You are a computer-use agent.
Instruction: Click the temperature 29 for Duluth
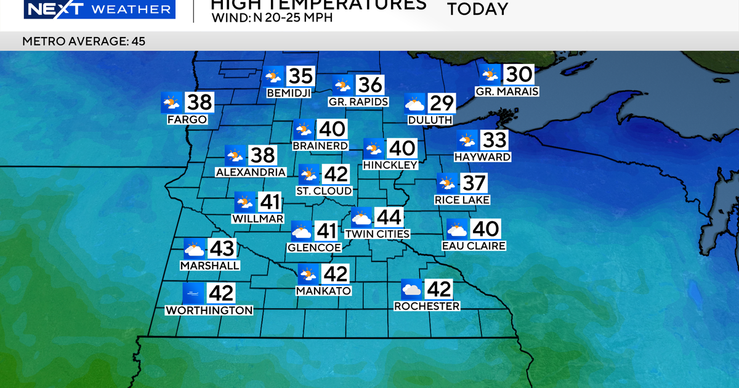442,103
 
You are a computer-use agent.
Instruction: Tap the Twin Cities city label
377,234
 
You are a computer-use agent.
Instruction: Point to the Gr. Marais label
507,92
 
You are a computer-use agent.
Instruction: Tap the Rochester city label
427,306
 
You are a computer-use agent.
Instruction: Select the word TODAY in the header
477,9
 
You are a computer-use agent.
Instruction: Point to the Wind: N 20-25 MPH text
272,18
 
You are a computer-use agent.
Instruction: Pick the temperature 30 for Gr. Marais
519,75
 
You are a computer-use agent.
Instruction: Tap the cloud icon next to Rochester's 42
411,289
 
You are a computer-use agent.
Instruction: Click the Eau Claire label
474,246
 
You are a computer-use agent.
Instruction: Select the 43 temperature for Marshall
222,249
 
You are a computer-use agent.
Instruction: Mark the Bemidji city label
288,93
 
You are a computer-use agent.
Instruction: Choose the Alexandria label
251,172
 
